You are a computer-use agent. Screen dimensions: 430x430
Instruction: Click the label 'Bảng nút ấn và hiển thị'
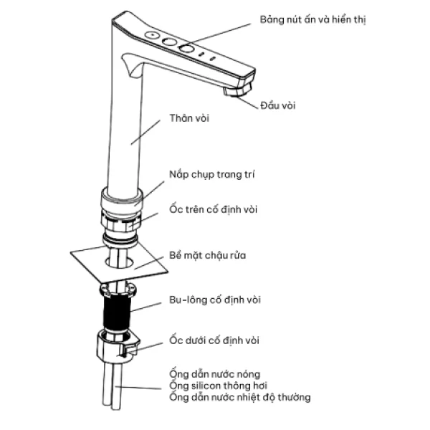pos(312,20)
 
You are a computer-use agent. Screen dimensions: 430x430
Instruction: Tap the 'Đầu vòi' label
pos(278,105)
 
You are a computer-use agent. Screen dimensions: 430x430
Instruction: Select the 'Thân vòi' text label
pos(189,118)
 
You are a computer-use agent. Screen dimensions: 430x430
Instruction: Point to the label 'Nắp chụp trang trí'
pos(212,175)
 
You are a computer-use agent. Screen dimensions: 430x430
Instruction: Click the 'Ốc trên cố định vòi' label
pos(214,209)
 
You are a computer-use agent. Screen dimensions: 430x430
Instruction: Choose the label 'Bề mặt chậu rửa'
pos(208,255)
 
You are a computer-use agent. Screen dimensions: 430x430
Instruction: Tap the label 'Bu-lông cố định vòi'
pos(215,300)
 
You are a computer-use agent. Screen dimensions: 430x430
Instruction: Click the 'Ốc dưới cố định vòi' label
pos(214,340)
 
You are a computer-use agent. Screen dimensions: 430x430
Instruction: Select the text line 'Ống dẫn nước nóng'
pos(215,374)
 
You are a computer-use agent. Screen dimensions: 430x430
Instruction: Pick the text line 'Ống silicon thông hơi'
pos(219,386)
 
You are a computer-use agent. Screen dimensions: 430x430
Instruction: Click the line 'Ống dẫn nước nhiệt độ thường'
pos(240,397)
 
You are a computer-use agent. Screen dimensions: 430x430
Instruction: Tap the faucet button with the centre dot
pos(152,35)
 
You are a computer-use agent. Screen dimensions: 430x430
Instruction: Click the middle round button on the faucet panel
pos(169,42)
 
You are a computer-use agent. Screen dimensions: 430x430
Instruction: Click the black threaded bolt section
pos(117,312)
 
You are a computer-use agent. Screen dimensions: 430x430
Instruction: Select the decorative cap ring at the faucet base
pos(122,199)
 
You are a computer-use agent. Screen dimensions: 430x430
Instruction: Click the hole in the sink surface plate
pos(119,262)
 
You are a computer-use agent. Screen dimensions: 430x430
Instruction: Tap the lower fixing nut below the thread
pos(118,347)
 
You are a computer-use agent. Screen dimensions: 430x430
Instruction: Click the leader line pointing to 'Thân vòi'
pos(145,132)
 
